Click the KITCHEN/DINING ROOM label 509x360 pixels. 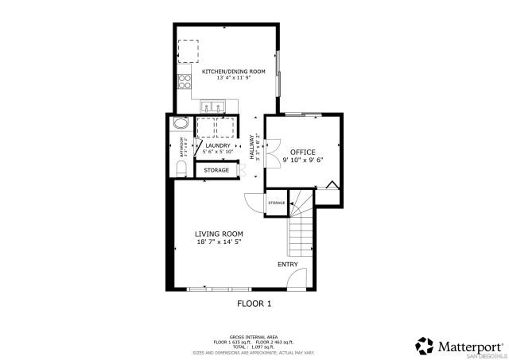point(233,72)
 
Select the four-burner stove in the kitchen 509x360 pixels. point(184,80)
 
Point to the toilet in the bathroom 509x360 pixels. point(181,168)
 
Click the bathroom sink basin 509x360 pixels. point(181,126)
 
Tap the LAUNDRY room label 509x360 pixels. point(217,145)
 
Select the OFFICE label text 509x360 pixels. point(302,152)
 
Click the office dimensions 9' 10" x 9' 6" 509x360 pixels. point(302,160)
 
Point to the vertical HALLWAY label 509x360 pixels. point(252,148)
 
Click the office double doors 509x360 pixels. point(270,151)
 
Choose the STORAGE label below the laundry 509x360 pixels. point(216,170)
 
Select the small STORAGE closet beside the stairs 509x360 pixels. point(276,203)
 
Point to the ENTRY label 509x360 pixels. point(287,264)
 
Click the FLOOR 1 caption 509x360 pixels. point(254,303)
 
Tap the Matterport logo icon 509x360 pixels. point(424,346)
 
